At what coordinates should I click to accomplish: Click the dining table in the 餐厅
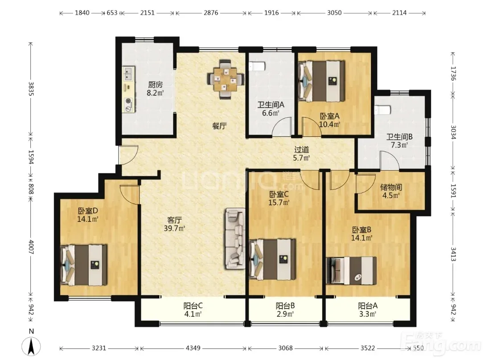pos(226,79)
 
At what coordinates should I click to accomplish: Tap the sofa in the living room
pos(235,238)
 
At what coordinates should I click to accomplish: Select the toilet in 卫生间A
pos(257,66)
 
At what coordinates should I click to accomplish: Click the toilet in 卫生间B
pos(382,110)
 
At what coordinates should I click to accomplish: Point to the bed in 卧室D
pos(84,265)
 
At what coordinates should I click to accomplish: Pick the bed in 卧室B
pos(351,271)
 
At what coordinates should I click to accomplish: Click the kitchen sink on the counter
pos(128,74)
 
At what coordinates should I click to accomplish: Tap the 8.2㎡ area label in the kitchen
pos(155,93)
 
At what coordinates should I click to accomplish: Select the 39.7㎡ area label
pos(174,229)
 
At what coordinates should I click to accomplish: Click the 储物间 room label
pos(391,187)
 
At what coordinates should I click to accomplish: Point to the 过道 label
pos(302,150)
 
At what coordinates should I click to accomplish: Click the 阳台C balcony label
pos(193,306)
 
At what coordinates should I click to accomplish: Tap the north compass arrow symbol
pos(31,346)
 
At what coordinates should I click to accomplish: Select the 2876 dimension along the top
pos(211,13)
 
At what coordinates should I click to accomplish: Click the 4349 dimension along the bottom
pos(193,348)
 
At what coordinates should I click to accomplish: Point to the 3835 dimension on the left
pos(31,89)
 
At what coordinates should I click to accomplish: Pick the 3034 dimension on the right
pos(453,132)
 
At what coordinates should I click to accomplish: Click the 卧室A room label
pos(329,116)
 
